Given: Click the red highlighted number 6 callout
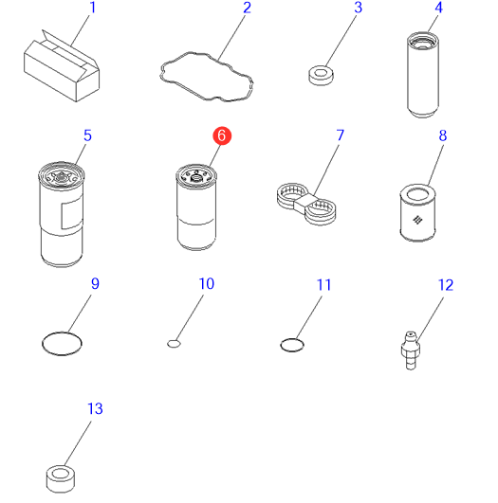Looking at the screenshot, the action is [x=222, y=135].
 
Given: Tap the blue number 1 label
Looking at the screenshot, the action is [x=93, y=8].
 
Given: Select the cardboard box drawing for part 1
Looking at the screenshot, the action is [x=62, y=66].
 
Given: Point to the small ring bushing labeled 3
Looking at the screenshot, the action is [x=321, y=76].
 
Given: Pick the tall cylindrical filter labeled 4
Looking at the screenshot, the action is [x=423, y=75].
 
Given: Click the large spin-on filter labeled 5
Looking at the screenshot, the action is [x=61, y=214].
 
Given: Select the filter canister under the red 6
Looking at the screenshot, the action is [x=196, y=207].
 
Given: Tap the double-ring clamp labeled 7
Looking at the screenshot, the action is [x=306, y=204].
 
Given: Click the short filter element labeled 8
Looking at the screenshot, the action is [x=417, y=213].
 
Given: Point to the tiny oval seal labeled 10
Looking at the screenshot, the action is [x=174, y=344].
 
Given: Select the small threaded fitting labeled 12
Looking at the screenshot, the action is [x=411, y=350].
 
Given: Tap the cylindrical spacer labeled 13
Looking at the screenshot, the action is [x=61, y=478].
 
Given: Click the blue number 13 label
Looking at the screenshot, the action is [x=95, y=408].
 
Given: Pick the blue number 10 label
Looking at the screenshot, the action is [x=206, y=284].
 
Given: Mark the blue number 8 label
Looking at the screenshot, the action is [x=443, y=135].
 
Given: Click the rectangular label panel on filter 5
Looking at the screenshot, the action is [x=72, y=213].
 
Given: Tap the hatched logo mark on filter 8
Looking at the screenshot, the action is [x=417, y=220].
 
